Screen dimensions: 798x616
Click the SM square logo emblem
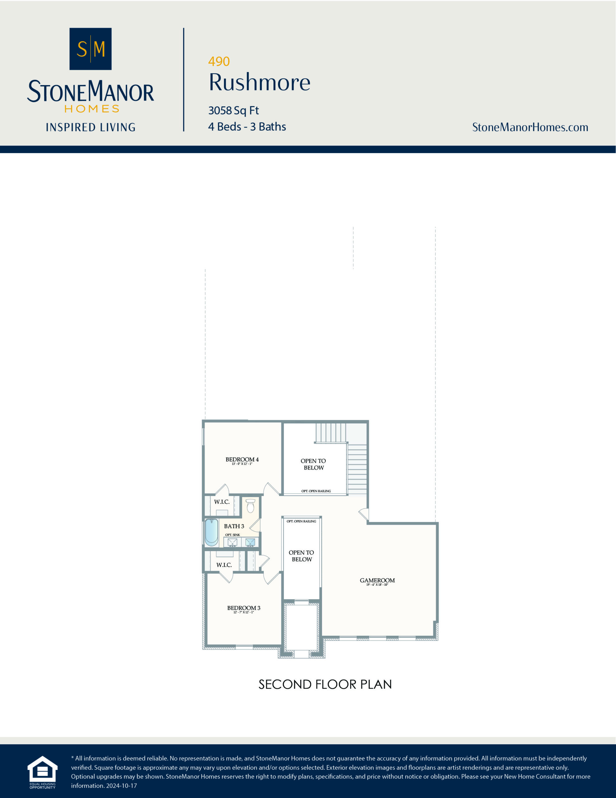coord(90,49)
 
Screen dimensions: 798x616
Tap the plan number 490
coord(219,61)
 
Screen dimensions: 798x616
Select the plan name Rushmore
coord(259,82)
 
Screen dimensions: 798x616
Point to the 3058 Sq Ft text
coord(233,110)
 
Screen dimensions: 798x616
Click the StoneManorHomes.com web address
coord(530,127)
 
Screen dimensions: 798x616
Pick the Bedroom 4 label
coord(242,460)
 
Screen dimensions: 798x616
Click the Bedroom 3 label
coord(244,608)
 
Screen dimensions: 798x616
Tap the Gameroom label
coord(377,580)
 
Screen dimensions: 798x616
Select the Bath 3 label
coord(234,526)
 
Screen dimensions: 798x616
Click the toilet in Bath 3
coord(250,506)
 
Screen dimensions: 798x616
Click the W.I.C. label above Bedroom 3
coord(224,565)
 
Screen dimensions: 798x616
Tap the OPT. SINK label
coord(232,535)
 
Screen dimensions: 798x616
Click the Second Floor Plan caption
coord(325,684)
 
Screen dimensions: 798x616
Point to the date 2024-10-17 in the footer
coord(121,786)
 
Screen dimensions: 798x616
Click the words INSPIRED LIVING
coord(91,127)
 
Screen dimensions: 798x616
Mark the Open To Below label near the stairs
coord(313,464)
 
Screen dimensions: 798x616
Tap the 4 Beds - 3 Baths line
coord(247,127)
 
